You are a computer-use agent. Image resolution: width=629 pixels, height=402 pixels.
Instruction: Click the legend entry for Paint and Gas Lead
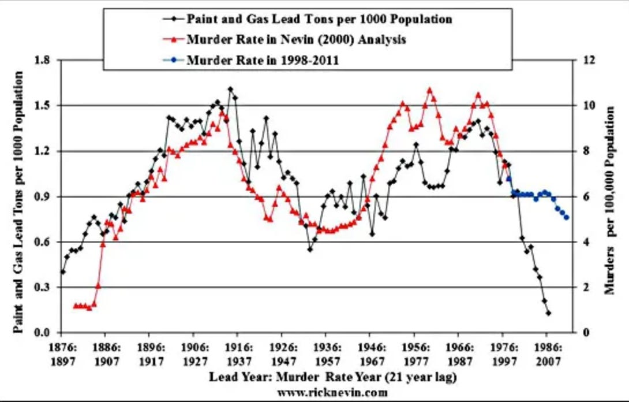coord(319,18)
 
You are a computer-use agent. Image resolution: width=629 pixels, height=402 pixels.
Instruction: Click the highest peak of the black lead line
coord(230,89)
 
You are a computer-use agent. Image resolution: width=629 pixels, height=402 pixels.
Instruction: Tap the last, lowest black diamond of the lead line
coord(548,313)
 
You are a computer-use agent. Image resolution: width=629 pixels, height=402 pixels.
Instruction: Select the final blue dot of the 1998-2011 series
coord(567,218)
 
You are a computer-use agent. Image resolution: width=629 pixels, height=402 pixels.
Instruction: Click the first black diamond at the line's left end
coord(62,271)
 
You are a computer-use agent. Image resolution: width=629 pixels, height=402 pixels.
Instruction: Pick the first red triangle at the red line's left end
coord(76,306)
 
